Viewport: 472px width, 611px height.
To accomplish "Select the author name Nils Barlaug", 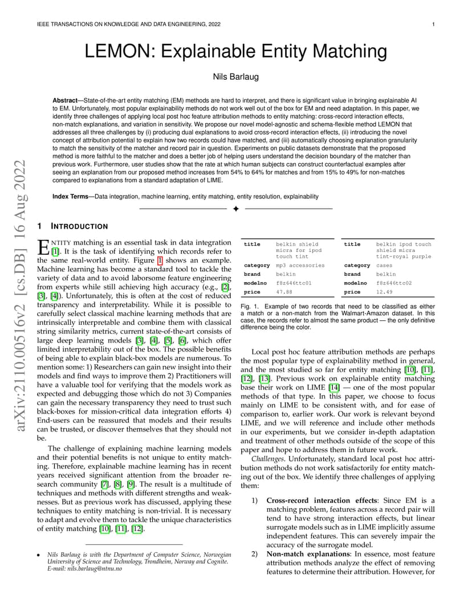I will coord(236,76).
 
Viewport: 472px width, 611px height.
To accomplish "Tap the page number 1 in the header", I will coord(434,25).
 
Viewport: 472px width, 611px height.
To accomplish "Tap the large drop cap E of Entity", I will coord(43,247).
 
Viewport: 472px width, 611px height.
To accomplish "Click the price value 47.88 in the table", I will coord(284,292).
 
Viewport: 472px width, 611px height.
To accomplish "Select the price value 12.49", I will coord(384,292).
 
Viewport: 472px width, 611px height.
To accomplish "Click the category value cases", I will coord(384,265).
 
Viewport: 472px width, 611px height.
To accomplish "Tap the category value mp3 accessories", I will coord(300,265).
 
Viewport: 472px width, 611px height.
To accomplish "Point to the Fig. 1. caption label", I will coord(249,306).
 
